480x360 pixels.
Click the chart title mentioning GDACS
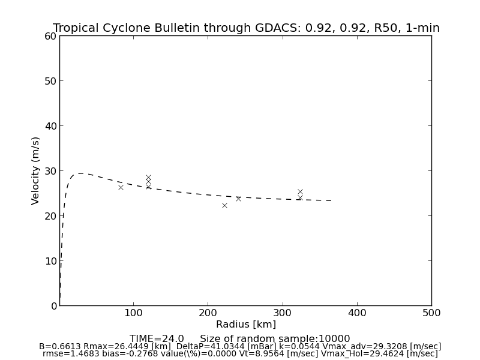click(246, 28)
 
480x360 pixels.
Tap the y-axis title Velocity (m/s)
click(36, 170)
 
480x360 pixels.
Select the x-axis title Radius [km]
click(246, 325)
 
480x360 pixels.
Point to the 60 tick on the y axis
click(50, 36)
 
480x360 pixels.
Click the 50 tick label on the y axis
click(50, 81)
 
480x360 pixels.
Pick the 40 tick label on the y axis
click(50, 126)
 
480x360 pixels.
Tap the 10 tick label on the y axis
click(50, 261)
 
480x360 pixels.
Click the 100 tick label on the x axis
click(133, 313)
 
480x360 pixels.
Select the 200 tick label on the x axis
click(208, 313)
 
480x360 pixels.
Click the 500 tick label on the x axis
click(431, 313)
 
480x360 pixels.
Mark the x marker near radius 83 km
click(121, 187)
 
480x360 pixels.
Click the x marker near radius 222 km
click(224, 205)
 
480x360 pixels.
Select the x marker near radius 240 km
click(238, 199)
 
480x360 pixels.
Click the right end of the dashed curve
click(332, 200)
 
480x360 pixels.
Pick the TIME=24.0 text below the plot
click(157, 339)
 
